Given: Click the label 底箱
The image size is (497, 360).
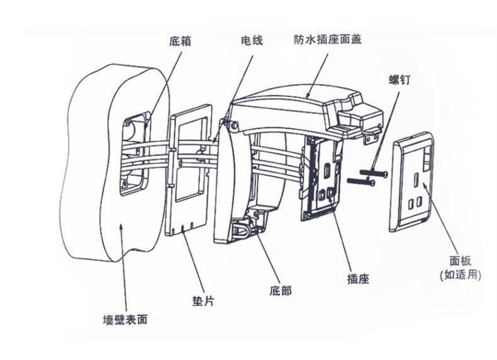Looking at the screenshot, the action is coord(181,42).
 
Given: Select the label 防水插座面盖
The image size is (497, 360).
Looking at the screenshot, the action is coord(327,39).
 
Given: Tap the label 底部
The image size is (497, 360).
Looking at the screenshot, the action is coord(280,291).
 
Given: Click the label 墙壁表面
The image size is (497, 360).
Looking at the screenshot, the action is coord(125,320).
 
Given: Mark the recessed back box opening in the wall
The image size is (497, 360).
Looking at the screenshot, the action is coord(136,151).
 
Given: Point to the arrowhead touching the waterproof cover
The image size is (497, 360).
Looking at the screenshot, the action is coord(308,95).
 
